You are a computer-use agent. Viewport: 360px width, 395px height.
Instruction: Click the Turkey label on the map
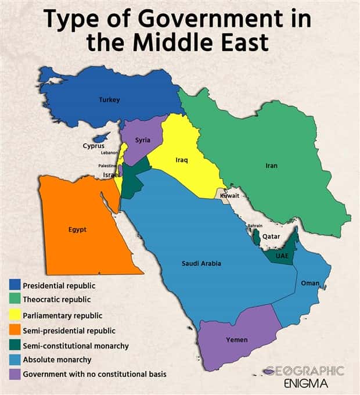(109, 100)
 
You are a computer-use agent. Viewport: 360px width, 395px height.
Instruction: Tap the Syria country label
(143, 140)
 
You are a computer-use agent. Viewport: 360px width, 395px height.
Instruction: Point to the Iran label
(272, 166)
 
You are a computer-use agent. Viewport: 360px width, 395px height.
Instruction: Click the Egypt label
(77, 229)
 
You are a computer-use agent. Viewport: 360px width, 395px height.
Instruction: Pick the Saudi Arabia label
(201, 264)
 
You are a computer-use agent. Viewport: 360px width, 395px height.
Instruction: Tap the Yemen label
(236, 340)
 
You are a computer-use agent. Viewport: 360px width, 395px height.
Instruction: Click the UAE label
(283, 256)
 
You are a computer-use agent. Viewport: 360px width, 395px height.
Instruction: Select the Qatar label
(271, 236)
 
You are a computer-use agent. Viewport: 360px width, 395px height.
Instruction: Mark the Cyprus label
(93, 146)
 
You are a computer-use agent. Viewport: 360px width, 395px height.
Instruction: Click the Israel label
(111, 174)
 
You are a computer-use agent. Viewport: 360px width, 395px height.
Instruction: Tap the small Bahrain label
(255, 225)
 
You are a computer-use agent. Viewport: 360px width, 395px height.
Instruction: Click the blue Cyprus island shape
(102, 137)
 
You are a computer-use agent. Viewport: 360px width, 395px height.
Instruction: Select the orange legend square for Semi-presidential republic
(15, 330)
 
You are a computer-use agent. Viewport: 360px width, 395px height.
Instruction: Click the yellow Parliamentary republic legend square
(15, 315)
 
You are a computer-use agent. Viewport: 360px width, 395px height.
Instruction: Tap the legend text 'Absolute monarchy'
(57, 360)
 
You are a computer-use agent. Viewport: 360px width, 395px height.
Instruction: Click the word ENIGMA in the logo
(306, 383)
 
